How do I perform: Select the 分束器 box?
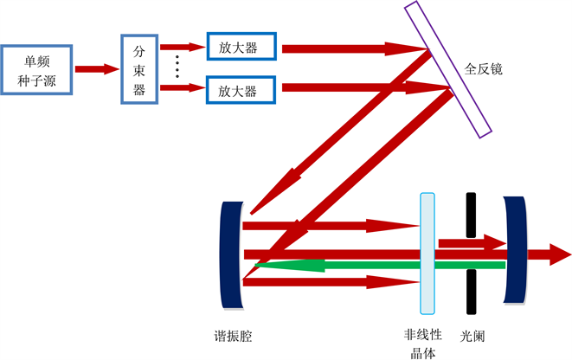coord(138,68)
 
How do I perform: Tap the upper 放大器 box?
coord(241,46)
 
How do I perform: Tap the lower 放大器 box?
coord(241,89)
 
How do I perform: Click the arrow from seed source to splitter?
coord(96,68)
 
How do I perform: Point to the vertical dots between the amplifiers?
coord(177,67)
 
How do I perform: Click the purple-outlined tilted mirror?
coord(447,68)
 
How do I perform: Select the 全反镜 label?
coord(483,67)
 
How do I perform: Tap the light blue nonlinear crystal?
coord(426,253)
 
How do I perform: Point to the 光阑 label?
coord(472,334)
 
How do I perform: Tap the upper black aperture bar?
coord(470,215)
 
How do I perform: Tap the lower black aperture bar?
coord(471,292)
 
